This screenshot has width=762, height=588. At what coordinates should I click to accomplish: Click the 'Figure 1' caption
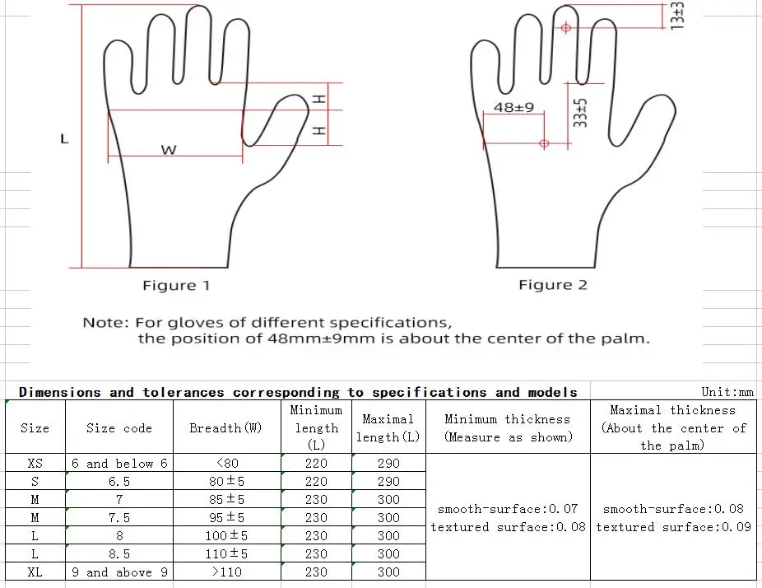click(x=176, y=286)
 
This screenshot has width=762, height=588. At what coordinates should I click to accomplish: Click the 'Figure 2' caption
click(x=553, y=285)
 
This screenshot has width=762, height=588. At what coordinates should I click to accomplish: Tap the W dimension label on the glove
click(x=168, y=150)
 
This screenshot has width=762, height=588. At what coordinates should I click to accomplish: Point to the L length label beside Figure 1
click(x=64, y=139)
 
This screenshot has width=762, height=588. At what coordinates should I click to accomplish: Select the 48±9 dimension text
click(x=513, y=107)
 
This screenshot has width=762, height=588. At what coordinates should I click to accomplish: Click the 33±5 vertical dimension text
click(x=581, y=112)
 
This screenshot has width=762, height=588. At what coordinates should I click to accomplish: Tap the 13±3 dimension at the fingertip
click(x=677, y=16)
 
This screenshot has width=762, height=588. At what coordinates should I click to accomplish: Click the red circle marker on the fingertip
click(x=566, y=27)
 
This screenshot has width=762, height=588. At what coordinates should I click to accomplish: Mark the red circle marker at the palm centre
click(x=544, y=143)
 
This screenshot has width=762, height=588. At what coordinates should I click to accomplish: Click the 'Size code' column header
click(x=119, y=428)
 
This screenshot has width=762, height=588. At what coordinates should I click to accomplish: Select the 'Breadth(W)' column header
click(x=226, y=428)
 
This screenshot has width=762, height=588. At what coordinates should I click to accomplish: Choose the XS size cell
click(x=35, y=464)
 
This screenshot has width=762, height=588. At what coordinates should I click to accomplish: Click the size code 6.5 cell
click(x=119, y=482)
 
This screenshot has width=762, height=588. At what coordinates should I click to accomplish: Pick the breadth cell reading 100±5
click(x=226, y=536)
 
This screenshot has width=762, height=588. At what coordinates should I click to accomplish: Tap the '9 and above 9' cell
click(x=119, y=572)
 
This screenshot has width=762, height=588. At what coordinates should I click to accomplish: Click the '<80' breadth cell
click(x=226, y=464)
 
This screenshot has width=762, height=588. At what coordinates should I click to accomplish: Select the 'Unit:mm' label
click(x=727, y=393)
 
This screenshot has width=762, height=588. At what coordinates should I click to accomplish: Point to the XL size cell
click(x=35, y=572)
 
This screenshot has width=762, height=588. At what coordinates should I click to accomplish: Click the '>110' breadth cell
click(x=226, y=572)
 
